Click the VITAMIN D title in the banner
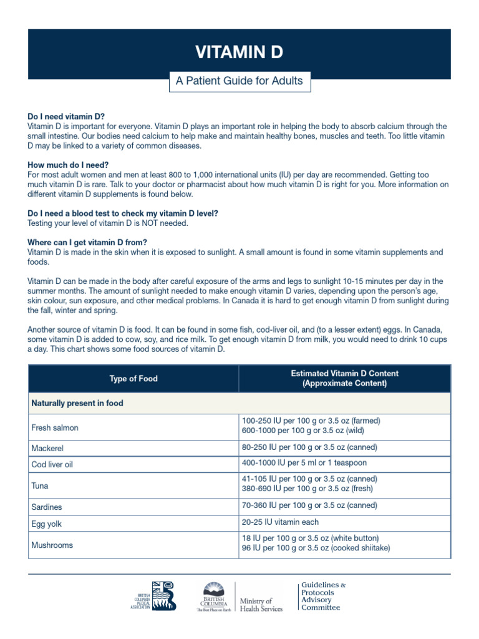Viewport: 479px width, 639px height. pyautogui.click(x=239, y=53)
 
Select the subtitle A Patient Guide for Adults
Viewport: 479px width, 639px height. pyautogui.click(x=239, y=80)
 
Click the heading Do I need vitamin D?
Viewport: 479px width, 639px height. pyautogui.click(x=66, y=117)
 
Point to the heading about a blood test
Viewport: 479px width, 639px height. pyautogui.click(x=123, y=213)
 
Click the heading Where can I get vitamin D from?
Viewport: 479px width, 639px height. pyautogui.click(x=87, y=242)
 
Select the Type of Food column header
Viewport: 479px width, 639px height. pyautogui.click(x=133, y=379)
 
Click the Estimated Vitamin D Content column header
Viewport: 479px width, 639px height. pyautogui.click(x=344, y=379)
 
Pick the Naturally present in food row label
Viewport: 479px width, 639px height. pyautogui.click(x=77, y=403)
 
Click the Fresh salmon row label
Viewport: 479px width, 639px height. pyautogui.click(x=55, y=428)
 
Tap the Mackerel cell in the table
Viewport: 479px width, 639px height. pyautogui.click(x=47, y=448)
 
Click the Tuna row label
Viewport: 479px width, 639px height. pyautogui.click(x=40, y=485)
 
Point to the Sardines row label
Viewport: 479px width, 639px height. pyautogui.click(x=47, y=507)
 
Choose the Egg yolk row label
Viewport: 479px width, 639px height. pyautogui.click(x=47, y=525)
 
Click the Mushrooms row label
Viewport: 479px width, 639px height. pyautogui.click(x=52, y=545)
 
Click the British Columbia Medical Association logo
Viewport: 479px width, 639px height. pyautogui.click(x=157, y=597)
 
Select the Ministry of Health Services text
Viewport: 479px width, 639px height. pyautogui.click(x=261, y=605)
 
